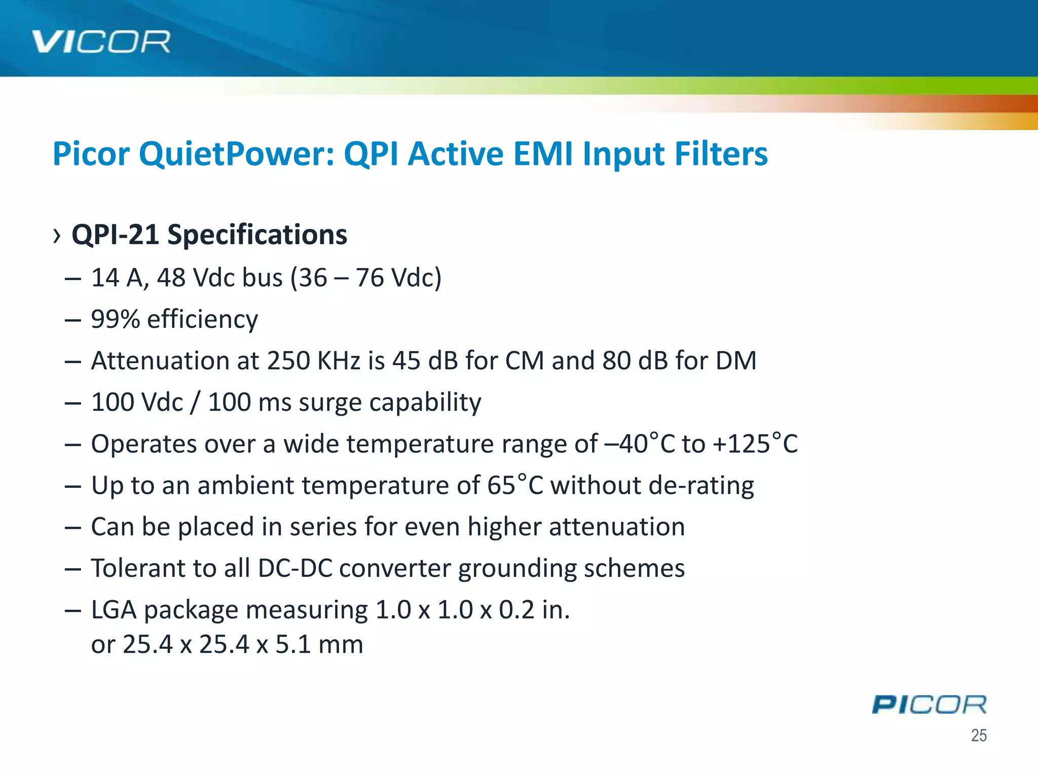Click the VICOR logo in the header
click(101, 42)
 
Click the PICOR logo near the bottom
click(929, 705)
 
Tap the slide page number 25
click(979, 735)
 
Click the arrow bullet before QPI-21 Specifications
click(57, 236)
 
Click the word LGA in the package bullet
click(114, 610)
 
